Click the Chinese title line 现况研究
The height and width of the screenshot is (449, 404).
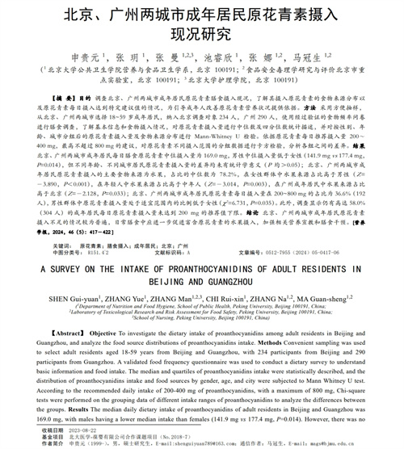point(202,36)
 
